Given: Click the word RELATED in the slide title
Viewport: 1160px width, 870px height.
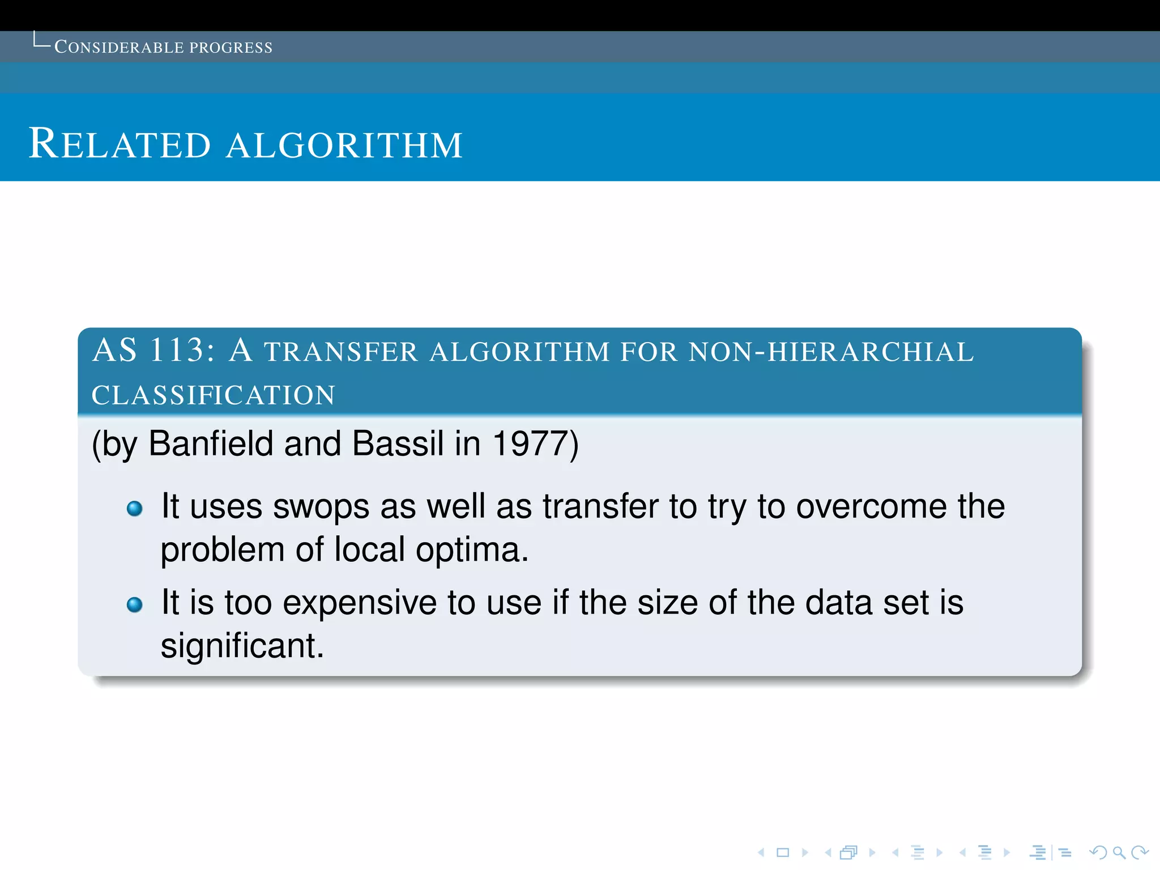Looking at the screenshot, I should pos(120,144).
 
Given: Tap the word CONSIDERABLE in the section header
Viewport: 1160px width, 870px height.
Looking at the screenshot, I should pos(119,47).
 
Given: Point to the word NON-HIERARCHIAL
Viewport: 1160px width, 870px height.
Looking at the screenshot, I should pos(831,352).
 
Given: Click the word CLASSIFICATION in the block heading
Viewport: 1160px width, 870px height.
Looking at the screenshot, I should pos(214,395).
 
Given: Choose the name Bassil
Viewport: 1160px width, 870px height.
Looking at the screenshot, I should pos(398,443).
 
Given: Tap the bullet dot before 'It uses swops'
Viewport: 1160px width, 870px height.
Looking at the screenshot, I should pos(135,509).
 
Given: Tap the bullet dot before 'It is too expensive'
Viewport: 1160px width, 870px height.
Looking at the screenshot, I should pos(135,605).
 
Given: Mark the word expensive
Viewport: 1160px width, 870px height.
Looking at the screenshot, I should pos(359,603).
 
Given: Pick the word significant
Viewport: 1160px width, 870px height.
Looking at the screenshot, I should pos(242,646).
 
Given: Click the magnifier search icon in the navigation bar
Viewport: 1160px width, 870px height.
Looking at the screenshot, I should pos(1118,852).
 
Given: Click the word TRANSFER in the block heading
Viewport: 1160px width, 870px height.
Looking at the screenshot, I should pos(340,352).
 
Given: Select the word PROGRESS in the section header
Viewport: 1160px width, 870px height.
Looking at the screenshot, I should pos(231,48).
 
